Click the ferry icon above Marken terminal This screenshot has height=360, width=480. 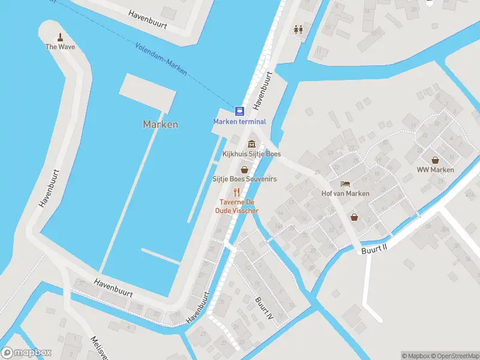point(239,111)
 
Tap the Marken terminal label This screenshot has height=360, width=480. point(239,122)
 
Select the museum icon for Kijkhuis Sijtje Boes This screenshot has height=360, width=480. point(251,144)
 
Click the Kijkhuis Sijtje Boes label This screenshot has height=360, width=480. point(251,154)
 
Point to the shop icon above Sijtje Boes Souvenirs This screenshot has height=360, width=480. point(244,170)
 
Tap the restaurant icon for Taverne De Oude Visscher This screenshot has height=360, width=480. point(237,192)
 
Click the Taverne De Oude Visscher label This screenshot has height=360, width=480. point(238,206)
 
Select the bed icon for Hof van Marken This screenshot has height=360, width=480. point(345,184)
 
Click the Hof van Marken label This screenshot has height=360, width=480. point(345,193)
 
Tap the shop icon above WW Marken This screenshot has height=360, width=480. point(435,160)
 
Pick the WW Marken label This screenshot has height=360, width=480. point(435,170)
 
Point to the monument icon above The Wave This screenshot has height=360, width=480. point(60,37)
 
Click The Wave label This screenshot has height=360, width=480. point(60,46)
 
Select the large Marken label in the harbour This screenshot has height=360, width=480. point(160,125)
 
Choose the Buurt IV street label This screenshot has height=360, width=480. point(265,307)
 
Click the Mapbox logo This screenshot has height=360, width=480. point(26,353)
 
